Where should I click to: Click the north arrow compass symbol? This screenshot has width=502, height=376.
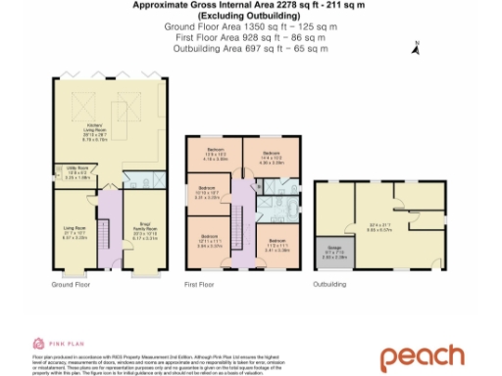point(418,42)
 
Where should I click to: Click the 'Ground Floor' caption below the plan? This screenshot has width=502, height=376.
point(70,285)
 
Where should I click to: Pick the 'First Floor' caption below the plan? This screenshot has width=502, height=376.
point(199,285)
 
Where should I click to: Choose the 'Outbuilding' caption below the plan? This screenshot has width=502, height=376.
point(330,285)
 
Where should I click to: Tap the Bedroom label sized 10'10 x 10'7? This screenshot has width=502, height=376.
point(207,191)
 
